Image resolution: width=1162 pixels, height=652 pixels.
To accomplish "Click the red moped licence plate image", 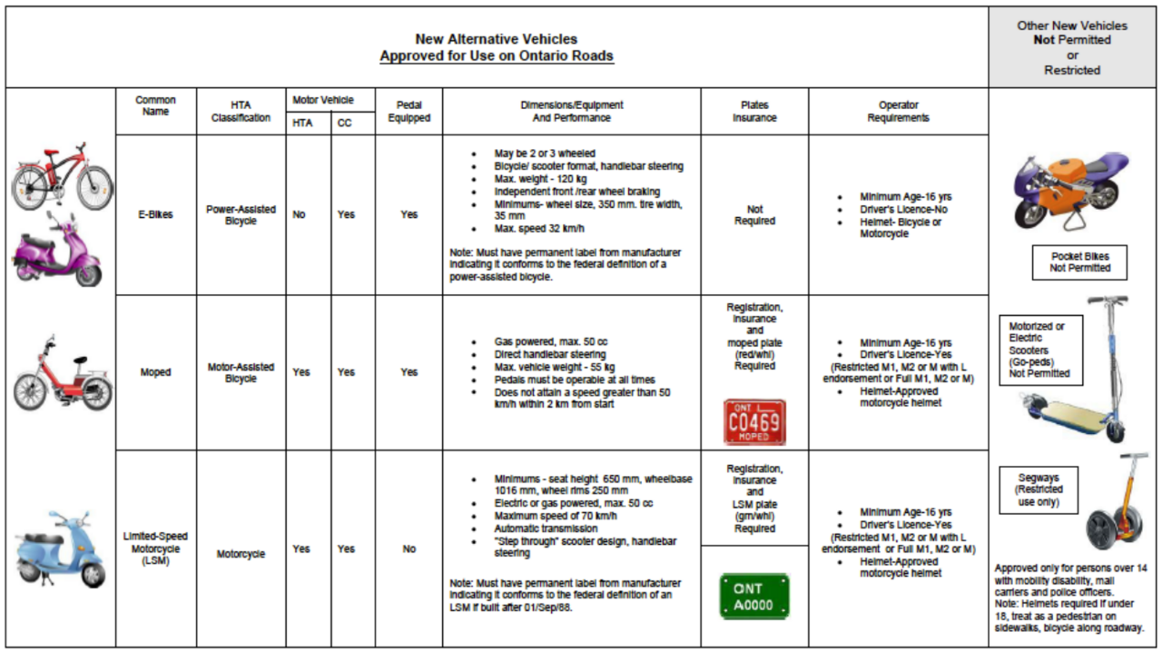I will [x=754, y=421].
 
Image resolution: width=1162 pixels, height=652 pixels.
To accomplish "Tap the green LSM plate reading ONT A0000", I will [x=754, y=596].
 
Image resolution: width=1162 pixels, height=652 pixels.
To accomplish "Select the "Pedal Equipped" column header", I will [x=409, y=111].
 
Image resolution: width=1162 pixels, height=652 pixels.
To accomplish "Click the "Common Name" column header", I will [x=155, y=105].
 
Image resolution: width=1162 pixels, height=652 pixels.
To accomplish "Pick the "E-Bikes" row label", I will [x=155, y=215].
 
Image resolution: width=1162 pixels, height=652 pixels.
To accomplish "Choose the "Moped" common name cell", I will [x=155, y=372].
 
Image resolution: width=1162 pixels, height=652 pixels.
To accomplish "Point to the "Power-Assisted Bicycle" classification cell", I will [x=241, y=215].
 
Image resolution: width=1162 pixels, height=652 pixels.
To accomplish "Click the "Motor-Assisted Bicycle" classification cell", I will [x=241, y=372].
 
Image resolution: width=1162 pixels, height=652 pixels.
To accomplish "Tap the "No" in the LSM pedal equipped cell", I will [x=409, y=548].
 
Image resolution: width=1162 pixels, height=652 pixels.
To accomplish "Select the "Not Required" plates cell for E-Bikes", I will [x=754, y=215].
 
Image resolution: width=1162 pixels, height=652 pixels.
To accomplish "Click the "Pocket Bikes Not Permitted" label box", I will [x=1080, y=262].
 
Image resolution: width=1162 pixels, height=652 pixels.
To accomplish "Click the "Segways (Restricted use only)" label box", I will [x=1039, y=489].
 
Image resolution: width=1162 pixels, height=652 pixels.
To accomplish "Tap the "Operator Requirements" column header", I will [x=898, y=111].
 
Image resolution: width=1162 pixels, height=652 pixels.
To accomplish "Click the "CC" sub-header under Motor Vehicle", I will [x=345, y=123].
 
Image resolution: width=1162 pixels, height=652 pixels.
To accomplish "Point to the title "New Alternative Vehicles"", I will [x=496, y=39].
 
